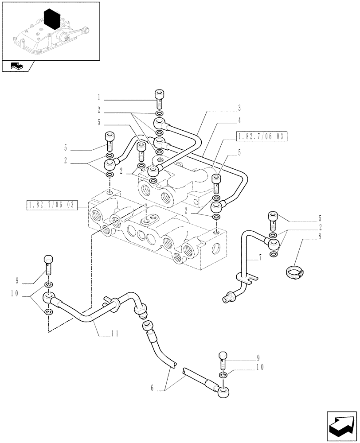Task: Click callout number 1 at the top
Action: [x=100, y=96]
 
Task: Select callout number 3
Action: [x=239, y=108]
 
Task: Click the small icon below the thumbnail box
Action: [x=18, y=67]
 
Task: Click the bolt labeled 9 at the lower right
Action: [x=223, y=360]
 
